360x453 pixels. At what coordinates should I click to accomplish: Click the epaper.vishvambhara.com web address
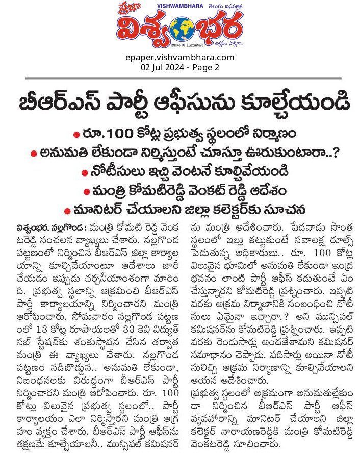click(179, 57)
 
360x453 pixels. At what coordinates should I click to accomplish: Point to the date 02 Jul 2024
click(159, 67)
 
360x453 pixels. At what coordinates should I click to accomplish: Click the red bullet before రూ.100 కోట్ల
click(76, 134)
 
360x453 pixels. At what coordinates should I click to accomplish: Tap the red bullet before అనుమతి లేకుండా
click(34, 153)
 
